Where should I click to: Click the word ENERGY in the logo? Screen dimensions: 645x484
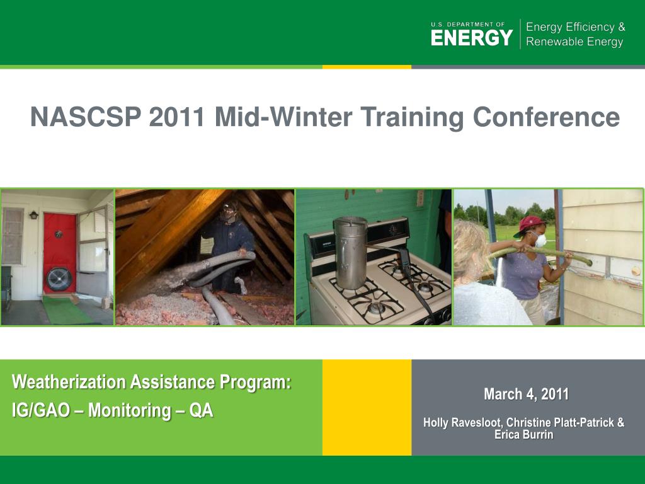click(472, 37)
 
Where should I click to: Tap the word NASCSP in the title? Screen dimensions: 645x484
click(86, 117)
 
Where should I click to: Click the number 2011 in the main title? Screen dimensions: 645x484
click(177, 117)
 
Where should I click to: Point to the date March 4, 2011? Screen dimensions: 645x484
click(526, 394)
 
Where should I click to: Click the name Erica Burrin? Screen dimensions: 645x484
click(523, 435)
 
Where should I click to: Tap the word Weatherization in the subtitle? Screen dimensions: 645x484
click(69, 382)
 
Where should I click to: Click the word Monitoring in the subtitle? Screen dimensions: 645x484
click(128, 411)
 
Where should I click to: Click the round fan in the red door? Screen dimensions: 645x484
click(59, 279)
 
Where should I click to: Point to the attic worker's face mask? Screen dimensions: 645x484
click(227, 214)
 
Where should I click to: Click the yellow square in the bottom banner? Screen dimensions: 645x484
click(367, 408)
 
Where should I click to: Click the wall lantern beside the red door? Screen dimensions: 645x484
click(33, 215)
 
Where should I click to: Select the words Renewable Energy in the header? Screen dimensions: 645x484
click(574, 42)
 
